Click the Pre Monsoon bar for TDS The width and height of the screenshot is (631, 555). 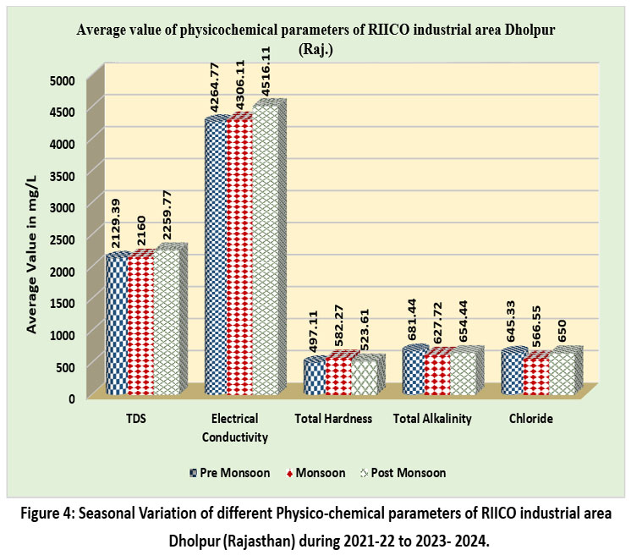click(x=118, y=326)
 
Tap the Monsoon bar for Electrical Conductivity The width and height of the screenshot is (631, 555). click(x=240, y=258)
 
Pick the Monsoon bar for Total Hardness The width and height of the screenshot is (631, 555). click(x=339, y=376)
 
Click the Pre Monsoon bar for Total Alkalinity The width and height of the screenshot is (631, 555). click(x=414, y=372)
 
